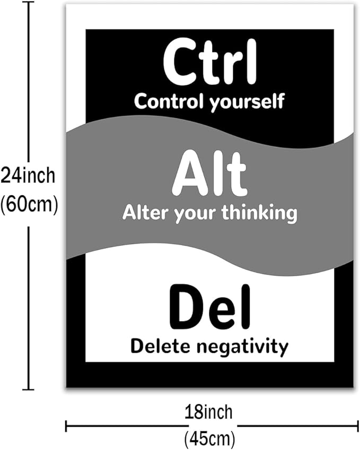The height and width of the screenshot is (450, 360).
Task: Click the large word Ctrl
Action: point(209,62)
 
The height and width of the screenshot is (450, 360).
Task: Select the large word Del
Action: point(210,307)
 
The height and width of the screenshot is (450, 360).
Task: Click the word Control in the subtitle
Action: point(170,101)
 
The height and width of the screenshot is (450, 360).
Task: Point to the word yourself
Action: point(247,102)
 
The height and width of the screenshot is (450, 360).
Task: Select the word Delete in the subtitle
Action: point(161,346)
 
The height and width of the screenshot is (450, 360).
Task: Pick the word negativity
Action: point(242,347)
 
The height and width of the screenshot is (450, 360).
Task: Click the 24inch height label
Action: point(28,176)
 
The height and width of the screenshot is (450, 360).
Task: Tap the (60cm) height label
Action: point(29,205)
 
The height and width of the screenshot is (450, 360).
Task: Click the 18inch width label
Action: point(208,412)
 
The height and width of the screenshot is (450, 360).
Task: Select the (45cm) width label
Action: point(209,439)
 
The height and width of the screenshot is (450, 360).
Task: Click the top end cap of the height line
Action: point(28,3)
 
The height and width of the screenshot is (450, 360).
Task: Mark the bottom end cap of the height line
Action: point(28,390)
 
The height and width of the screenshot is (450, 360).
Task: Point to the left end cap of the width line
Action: point(66,426)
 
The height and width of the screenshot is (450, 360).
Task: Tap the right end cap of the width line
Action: point(357,426)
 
